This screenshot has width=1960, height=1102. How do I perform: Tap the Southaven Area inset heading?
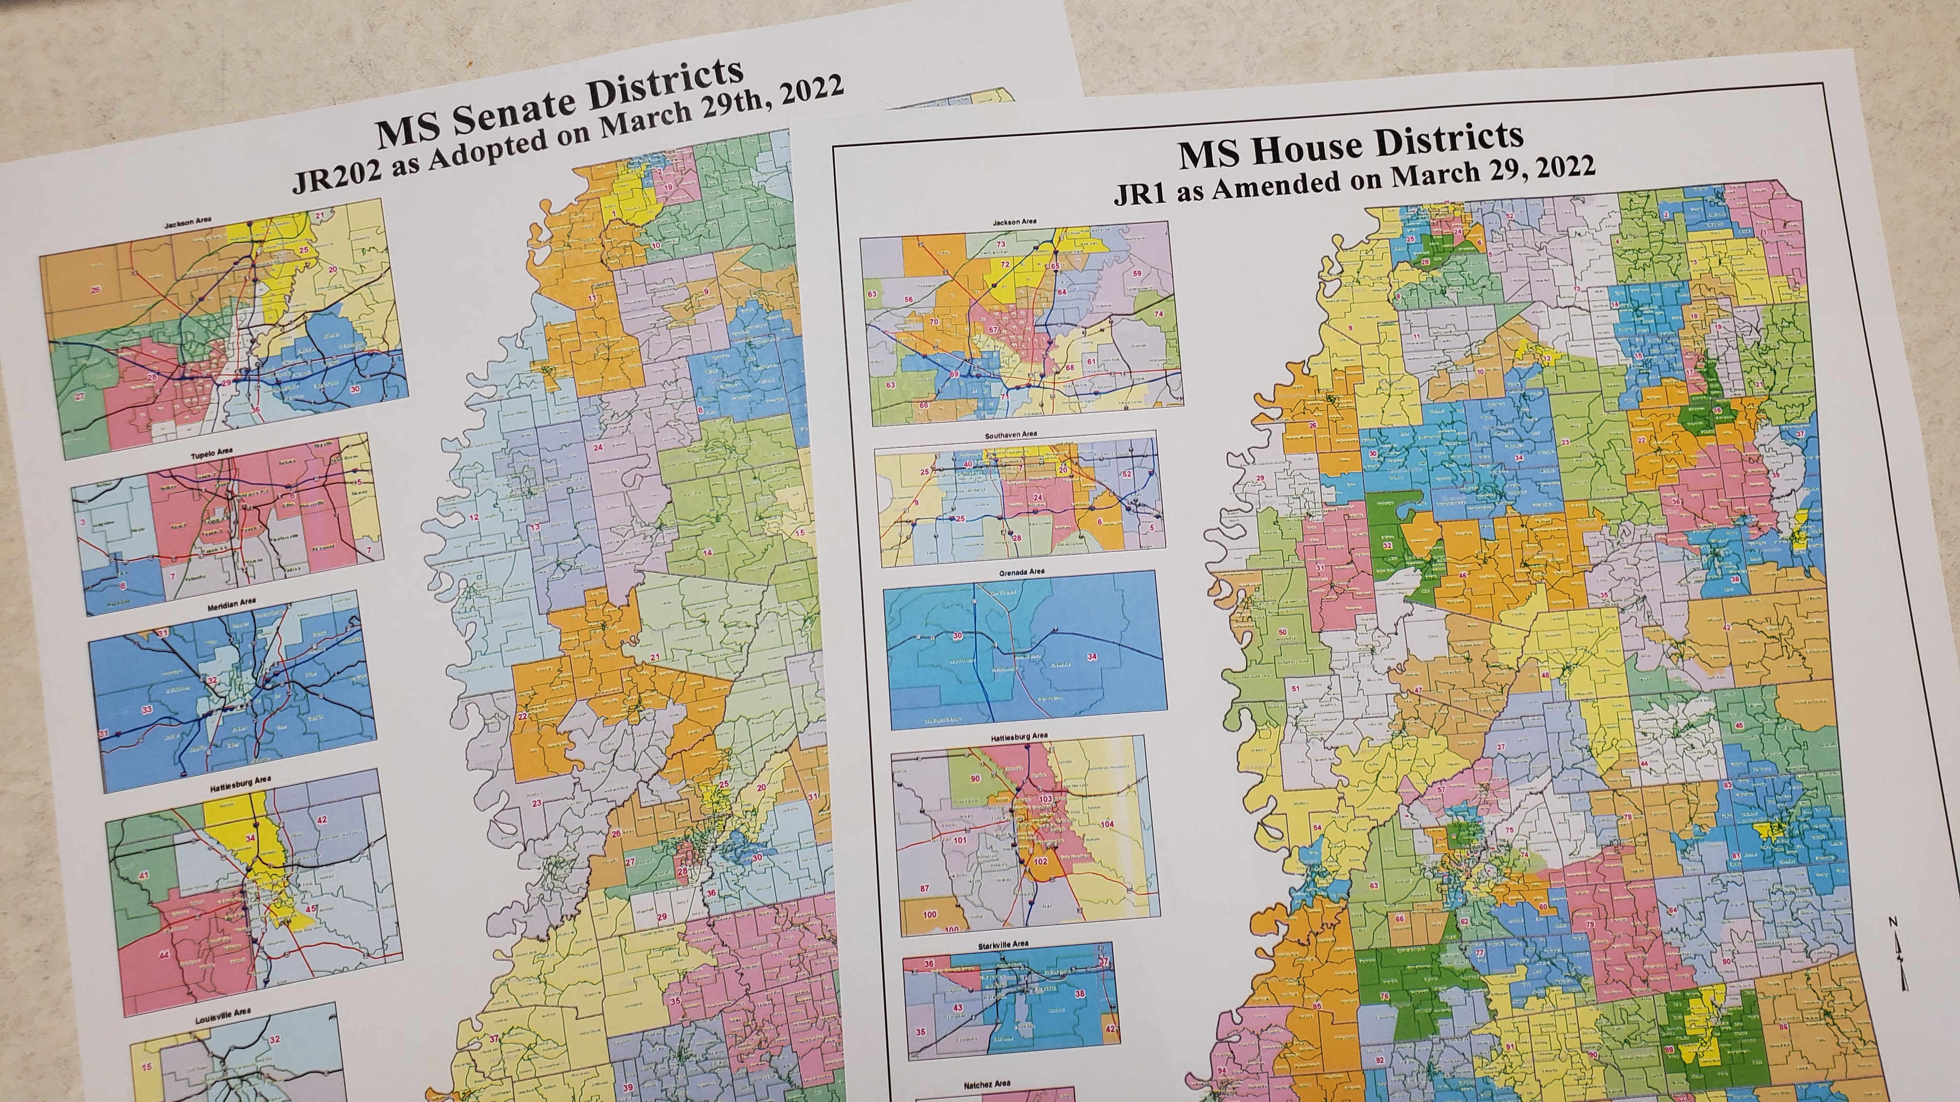(1011, 434)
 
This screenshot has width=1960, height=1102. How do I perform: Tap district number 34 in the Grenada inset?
(1093, 656)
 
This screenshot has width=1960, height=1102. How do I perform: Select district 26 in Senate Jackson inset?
(95, 290)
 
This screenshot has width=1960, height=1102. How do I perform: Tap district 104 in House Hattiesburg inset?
(1106, 825)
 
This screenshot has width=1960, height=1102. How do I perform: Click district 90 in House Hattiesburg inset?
(976, 779)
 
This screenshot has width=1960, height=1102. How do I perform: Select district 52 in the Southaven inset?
(1127, 474)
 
